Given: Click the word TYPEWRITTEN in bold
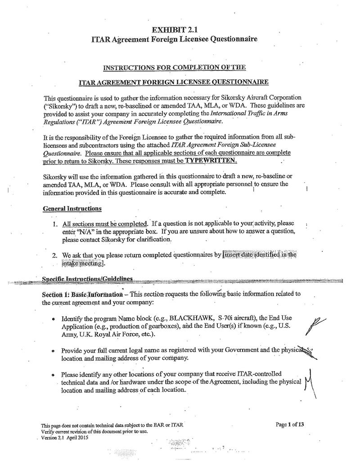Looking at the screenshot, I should click(x=211, y=161).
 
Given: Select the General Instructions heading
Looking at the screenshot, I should click(x=72, y=208).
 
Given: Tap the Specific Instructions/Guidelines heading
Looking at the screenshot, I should click(x=87, y=279).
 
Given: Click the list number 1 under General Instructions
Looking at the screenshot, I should click(x=54, y=224).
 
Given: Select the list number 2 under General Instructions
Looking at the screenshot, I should click(x=54, y=255).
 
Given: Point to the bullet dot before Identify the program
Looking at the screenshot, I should click(x=53, y=318).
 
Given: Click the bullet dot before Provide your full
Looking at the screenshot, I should click(x=53, y=350).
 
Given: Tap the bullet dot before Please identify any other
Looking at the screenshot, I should click(x=53, y=375).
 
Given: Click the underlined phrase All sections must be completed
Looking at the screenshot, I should click(x=105, y=224).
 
